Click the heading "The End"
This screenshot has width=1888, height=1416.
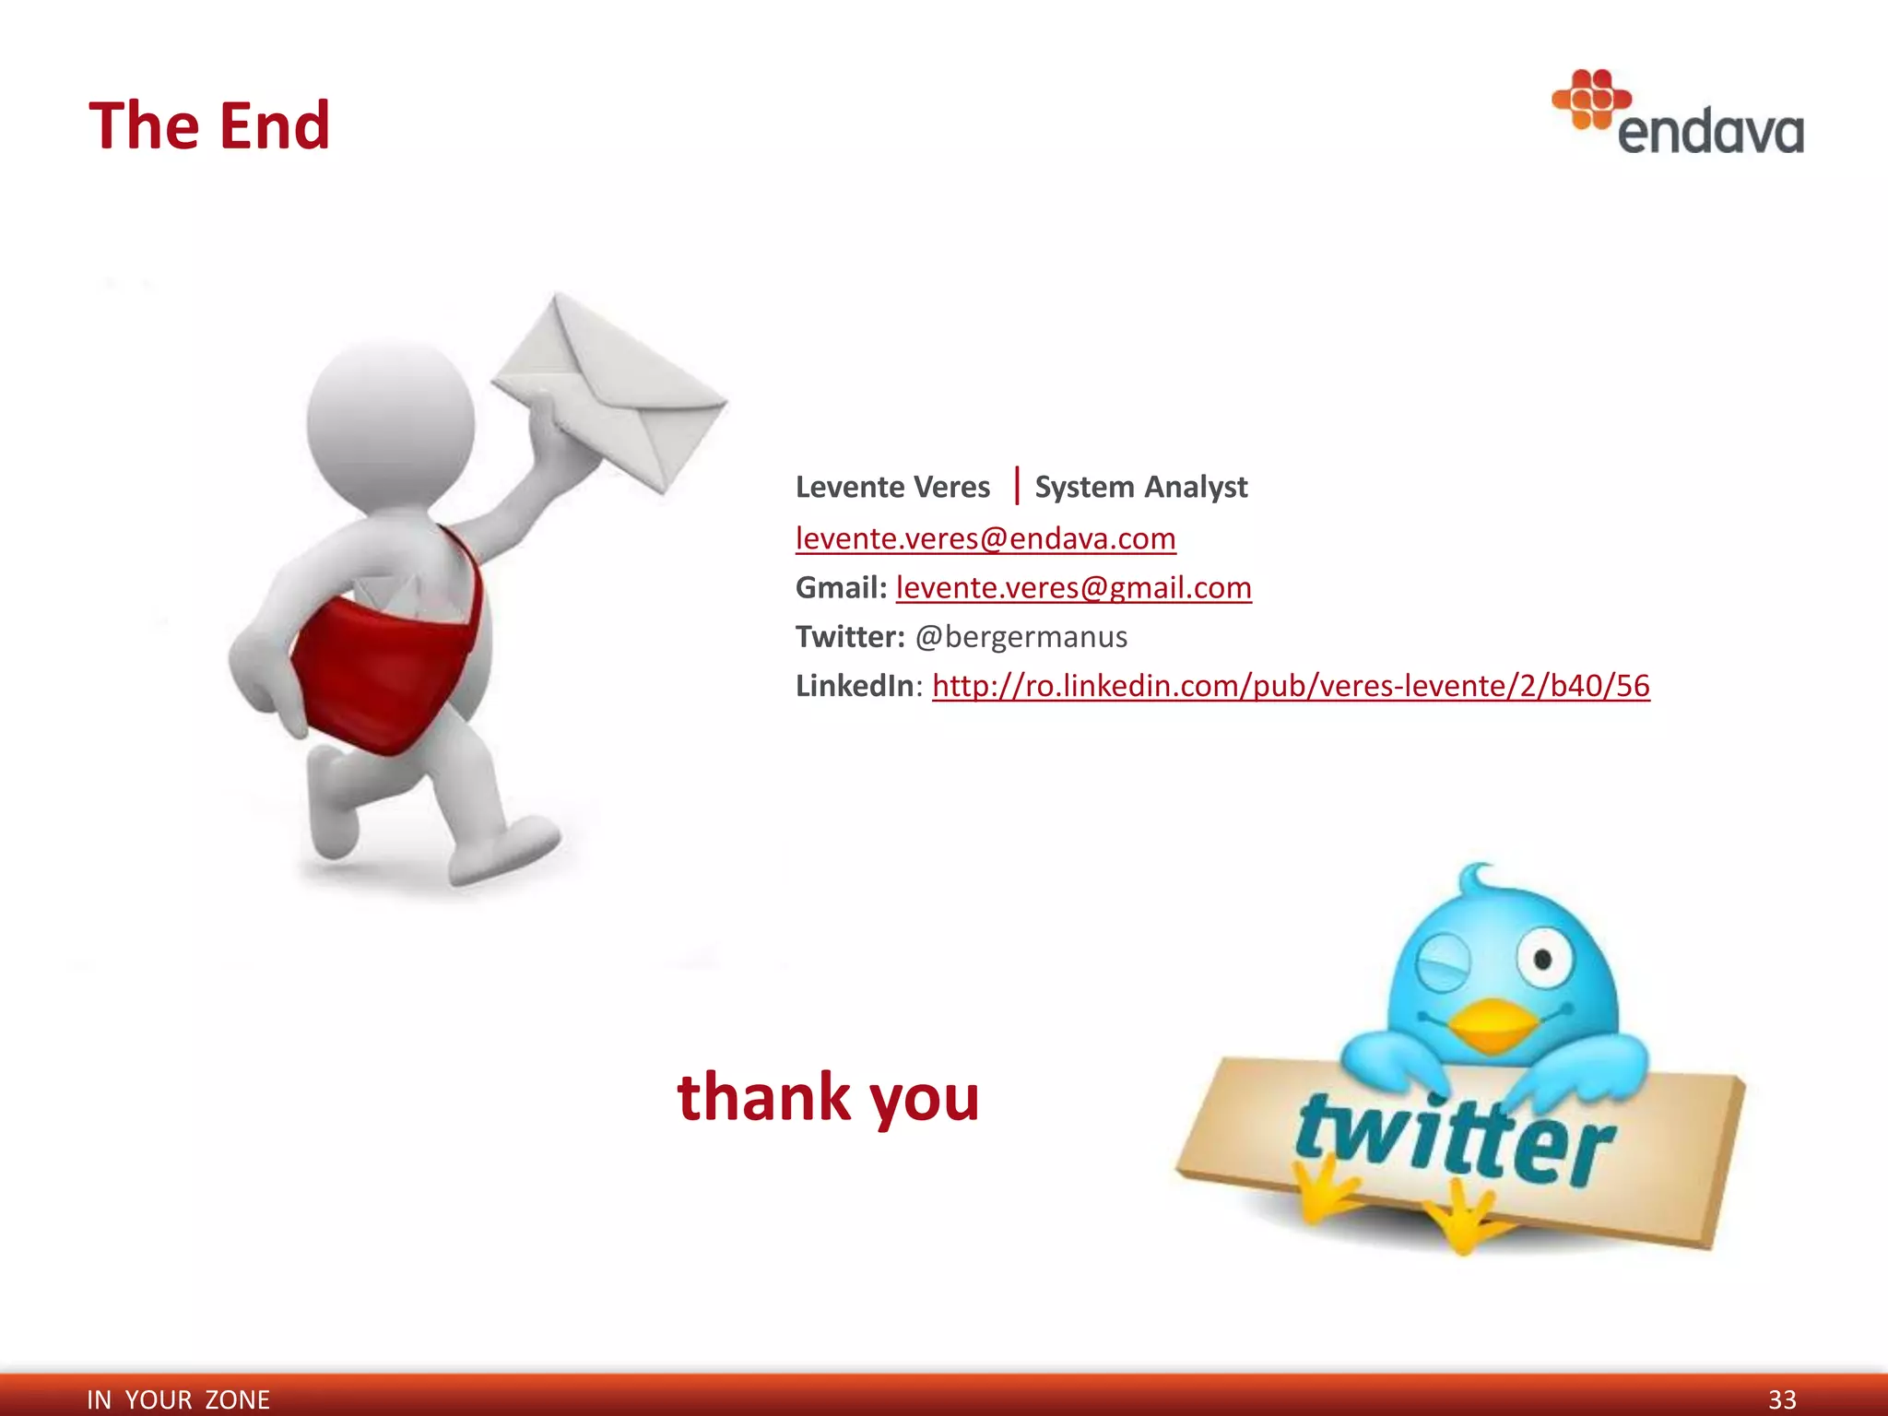tap(209, 125)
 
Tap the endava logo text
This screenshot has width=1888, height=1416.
tap(1710, 132)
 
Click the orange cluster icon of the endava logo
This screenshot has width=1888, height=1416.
tap(1591, 99)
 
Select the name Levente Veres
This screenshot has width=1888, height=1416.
tap(892, 487)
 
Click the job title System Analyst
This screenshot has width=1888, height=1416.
tap(1140, 487)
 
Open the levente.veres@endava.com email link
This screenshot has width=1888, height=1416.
tap(985, 538)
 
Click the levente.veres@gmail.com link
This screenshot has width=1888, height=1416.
tap(1073, 587)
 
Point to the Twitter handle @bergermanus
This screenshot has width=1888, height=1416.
tap(1021, 637)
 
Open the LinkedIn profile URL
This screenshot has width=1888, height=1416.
tap(1291, 686)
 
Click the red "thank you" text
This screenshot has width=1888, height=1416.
tap(828, 1097)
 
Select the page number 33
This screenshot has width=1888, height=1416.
tap(1782, 1399)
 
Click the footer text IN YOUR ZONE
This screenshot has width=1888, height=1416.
tap(178, 1399)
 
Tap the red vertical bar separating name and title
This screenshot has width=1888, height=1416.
tap(1016, 486)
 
